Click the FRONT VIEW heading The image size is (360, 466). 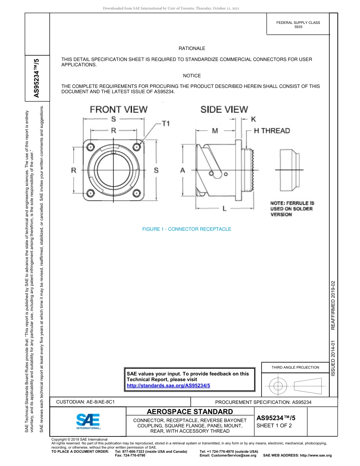[x=118, y=109]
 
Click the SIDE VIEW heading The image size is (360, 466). [x=224, y=109]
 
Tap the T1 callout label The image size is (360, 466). [x=166, y=124]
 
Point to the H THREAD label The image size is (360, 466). [x=272, y=131]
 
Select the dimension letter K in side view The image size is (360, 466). [x=254, y=119]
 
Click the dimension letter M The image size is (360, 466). [x=215, y=131]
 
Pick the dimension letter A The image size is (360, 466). [x=183, y=170]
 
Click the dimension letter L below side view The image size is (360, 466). [x=224, y=208]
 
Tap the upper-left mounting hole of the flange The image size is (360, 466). [x=91, y=146]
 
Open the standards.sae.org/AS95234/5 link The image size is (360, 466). [x=168, y=385]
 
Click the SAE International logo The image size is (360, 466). [x=88, y=421]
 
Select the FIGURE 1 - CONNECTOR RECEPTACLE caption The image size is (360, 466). [x=186, y=229]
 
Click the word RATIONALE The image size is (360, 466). [x=192, y=48]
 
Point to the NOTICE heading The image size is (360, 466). [x=192, y=76]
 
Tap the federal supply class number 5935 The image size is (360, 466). [x=298, y=28]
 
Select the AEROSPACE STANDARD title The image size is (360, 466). [x=190, y=412]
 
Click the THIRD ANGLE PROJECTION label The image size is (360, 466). [x=295, y=367]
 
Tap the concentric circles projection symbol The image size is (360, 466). [x=278, y=386]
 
